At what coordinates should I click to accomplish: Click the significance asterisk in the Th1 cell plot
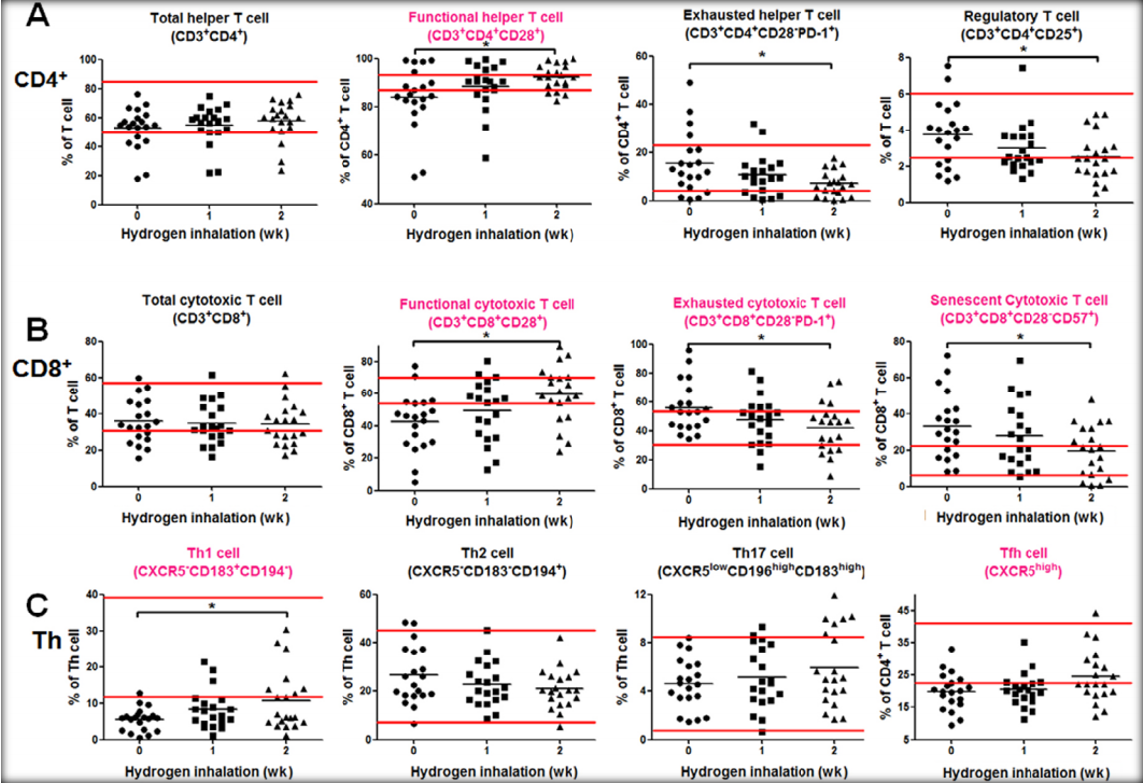coord(212,606)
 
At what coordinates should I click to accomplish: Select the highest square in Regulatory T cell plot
coord(1022,68)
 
